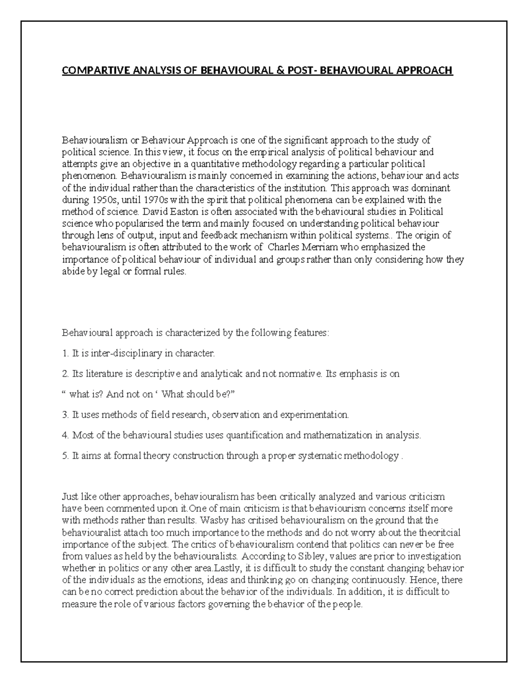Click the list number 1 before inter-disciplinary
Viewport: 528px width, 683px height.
click(65, 353)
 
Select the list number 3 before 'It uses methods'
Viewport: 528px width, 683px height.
click(65, 415)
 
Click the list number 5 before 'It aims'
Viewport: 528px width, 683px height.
click(65, 456)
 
